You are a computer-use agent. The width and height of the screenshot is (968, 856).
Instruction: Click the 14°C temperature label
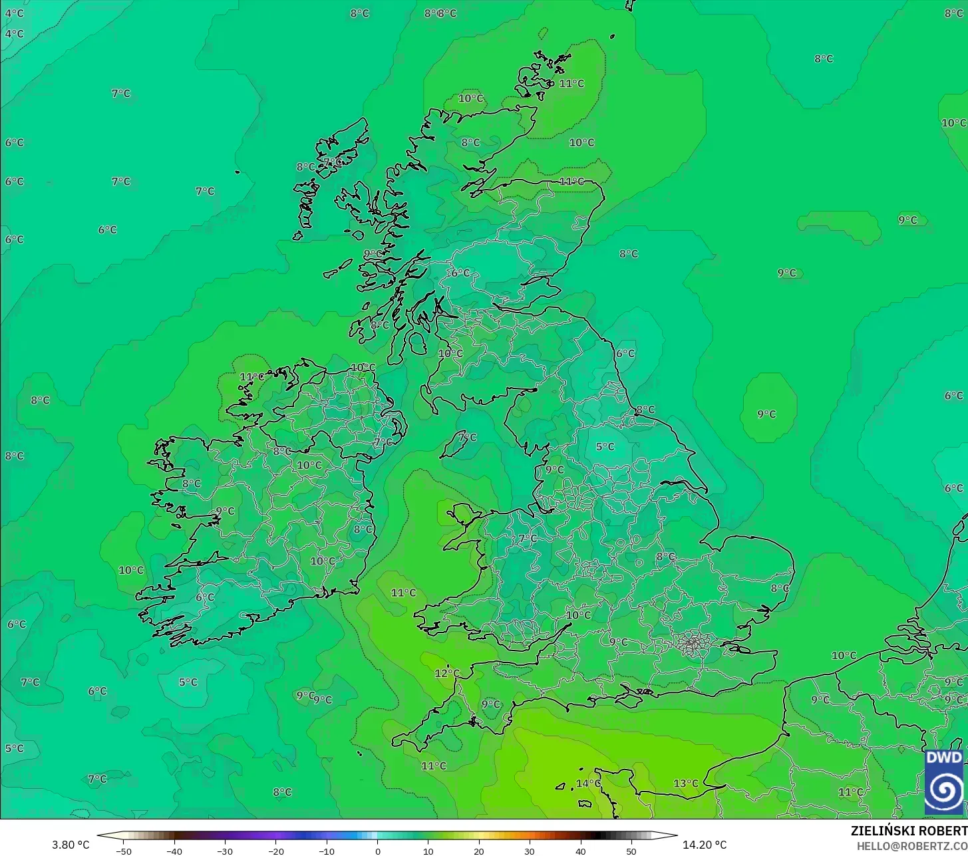click(588, 783)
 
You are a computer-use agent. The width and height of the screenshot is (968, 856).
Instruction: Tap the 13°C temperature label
click(686, 783)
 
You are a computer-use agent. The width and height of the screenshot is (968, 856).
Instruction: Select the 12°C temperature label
click(447, 672)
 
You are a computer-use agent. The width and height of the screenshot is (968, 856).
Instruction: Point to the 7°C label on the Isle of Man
click(468, 437)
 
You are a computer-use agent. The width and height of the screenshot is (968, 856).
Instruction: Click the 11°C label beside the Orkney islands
click(571, 83)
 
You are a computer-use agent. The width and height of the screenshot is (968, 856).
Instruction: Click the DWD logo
click(943, 782)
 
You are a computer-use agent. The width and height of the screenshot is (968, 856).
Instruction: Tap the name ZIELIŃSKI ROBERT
click(909, 831)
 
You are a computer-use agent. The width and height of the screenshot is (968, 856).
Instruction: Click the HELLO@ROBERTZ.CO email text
click(911, 845)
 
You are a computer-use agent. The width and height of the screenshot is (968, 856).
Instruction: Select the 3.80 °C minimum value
click(71, 845)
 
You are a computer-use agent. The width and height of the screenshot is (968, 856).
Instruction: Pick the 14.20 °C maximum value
click(705, 845)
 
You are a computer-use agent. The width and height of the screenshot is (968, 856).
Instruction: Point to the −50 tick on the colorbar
click(124, 851)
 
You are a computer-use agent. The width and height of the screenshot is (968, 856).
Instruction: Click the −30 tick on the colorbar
click(225, 851)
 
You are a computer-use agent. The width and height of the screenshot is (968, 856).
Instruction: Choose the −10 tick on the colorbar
click(327, 851)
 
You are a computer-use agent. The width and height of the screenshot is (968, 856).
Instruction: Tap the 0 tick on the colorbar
click(377, 851)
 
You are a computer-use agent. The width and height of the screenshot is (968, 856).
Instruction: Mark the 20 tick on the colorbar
click(479, 851)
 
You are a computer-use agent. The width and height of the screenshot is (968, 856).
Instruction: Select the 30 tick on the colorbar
click(530, 851)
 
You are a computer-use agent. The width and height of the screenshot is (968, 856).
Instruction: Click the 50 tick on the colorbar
click(631, 851)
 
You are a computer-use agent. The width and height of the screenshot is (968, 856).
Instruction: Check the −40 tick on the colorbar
click(174, 851)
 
